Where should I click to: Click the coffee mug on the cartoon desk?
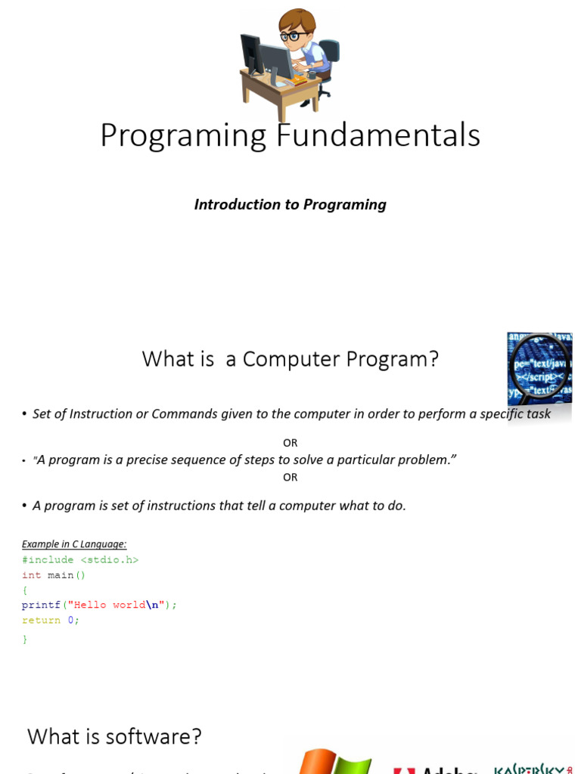click(x=311, y=76)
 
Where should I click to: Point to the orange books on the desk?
click(x=299, y=79)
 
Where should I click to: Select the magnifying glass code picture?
click(x=539, y=368)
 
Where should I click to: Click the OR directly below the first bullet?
click(x=290, y=443)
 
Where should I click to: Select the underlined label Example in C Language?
click(x=74, y=544)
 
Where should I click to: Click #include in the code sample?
click(x=48, y=560)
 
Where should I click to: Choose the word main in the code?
click(x=61, y=575)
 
